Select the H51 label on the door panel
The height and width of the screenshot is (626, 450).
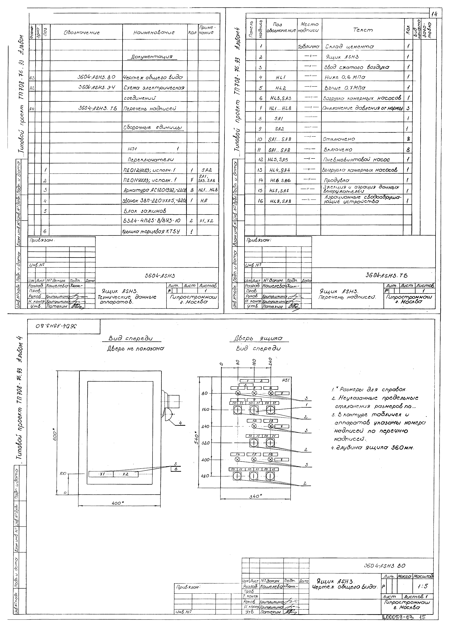pyautogui.click(x=285, y=380)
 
